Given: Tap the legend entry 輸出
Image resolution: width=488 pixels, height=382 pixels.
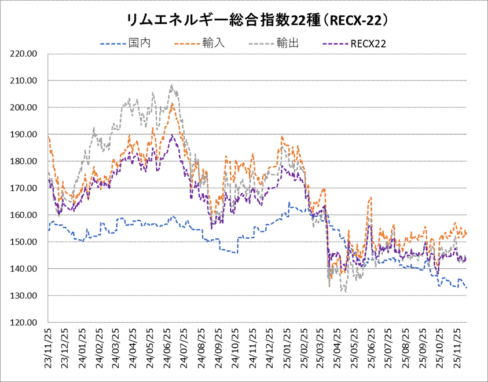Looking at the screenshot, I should point(288,43).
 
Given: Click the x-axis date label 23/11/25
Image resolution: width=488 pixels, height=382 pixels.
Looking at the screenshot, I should point(49,345).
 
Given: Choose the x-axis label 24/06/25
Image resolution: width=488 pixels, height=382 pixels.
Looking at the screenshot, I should point(168,345).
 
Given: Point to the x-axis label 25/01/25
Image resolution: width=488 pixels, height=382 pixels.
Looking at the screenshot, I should point(287,345).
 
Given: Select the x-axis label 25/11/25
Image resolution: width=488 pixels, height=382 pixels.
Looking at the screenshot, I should point(457,345).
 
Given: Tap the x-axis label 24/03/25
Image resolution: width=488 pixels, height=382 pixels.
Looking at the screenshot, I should point(117,345).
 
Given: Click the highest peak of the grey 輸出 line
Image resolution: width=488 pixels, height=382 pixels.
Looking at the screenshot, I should point(172,85).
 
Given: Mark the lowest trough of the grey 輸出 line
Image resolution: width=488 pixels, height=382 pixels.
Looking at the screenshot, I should point(346,292).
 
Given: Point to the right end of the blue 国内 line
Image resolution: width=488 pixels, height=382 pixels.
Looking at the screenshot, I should point(467,288).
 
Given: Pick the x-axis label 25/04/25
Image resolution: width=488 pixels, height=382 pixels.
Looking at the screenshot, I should point(338,345).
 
